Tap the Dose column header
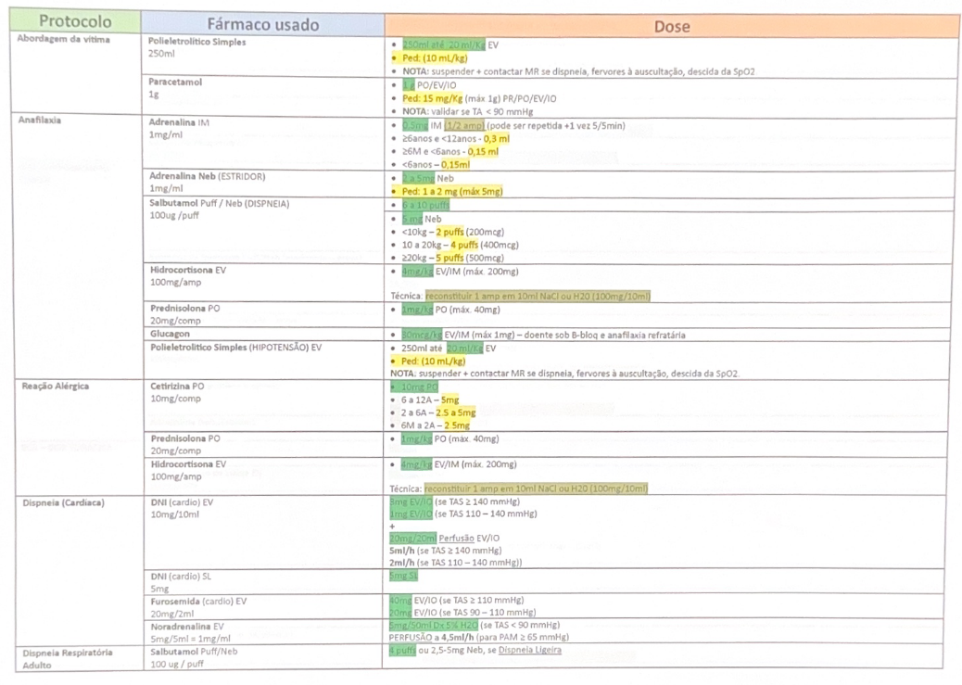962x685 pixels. tap(671, 26)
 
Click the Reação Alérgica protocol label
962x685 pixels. tap(56, 385)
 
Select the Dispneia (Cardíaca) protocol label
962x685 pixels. tap(63, 502)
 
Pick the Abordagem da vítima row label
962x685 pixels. tap(63, 41)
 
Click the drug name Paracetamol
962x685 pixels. tap(175, 82)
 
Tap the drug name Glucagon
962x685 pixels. tap(171, 334)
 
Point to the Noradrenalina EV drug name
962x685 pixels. tap(186, 626)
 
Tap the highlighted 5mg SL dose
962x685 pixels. tap(403, 576)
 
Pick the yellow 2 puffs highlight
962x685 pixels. tap(449, 232)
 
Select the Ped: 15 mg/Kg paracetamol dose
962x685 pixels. tap(432, 98)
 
